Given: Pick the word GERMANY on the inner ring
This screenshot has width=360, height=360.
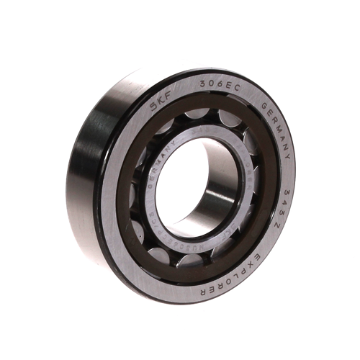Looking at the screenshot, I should click(156, 171).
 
